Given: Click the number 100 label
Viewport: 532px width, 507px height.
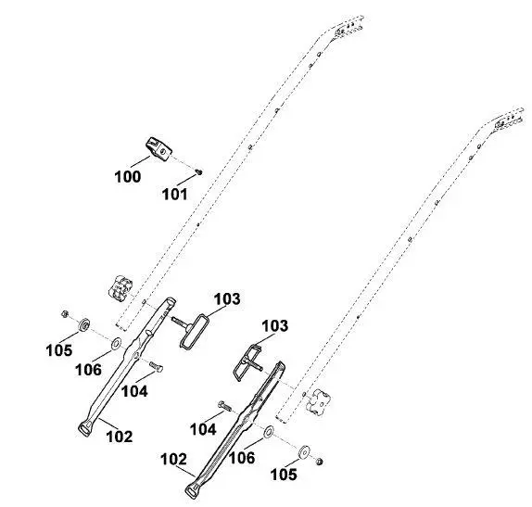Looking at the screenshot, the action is coord(128,177).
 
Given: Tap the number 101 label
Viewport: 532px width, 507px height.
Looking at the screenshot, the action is coord(175,195).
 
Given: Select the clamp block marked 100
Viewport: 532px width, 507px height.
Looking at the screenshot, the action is coord(158,149).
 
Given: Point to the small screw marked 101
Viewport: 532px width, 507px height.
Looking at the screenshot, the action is coord(199,172).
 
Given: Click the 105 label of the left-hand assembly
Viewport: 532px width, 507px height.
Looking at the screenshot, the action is coord(59,349).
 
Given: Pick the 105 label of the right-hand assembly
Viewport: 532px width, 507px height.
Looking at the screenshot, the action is coord(284,474).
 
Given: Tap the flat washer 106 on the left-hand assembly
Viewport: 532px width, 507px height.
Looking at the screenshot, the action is coord(116,343).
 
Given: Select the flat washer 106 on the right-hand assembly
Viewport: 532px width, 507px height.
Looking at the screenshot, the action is coord(269,431).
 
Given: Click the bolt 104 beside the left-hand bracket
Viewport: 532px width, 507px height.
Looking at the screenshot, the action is coord(156,366).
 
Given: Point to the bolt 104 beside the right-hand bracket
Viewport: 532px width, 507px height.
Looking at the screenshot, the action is coord(224,405).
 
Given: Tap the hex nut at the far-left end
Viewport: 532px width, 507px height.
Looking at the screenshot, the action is coord(65,314).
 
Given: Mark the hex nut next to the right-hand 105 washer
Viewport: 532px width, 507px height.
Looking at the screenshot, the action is coord(319,462).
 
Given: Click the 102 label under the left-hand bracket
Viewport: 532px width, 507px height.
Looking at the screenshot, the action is coord(120,437).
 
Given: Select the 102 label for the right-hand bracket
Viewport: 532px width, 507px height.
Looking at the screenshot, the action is coord(173,459).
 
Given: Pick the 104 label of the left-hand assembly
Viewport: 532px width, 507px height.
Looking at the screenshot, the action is coord(134,391).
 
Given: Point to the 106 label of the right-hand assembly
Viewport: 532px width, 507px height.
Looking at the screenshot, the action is coord(242,458).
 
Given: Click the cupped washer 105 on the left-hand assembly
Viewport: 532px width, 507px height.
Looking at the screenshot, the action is coord(84,325).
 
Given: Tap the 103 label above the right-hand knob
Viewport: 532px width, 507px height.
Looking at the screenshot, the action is coord(275,325).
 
